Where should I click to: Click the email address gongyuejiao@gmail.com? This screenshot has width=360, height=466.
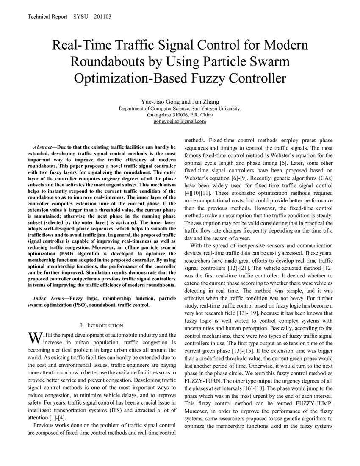180,121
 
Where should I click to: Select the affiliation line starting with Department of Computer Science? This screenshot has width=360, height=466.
180,108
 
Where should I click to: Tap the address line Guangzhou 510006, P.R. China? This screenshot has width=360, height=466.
180,115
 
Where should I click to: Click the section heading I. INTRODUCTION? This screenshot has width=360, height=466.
102,325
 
